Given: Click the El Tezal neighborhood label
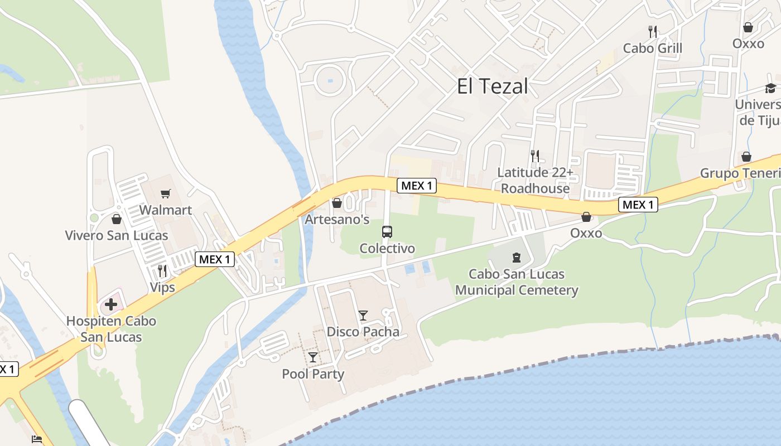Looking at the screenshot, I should pos(492,86).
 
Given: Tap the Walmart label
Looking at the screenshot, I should pos(165,210).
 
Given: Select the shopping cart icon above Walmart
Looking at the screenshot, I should pos(165,194).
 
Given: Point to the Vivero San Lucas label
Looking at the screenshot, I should pos(117,235).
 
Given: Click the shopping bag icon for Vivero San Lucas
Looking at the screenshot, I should pos(117,219).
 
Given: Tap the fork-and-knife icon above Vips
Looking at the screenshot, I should pos(162,271).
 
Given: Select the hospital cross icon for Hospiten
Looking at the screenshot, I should pos(111,304).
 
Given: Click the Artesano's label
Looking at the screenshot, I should pos(337,219).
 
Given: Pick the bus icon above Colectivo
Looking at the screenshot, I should pos(387,232).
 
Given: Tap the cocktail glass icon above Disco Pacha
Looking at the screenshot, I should pos(363,316).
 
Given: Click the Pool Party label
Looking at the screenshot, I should pos(313,374).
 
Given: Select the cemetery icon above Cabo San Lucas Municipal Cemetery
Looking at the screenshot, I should pos(517,258).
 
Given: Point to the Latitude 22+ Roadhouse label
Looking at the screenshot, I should pos(535,181).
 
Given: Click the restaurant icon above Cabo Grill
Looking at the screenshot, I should pos(653,32).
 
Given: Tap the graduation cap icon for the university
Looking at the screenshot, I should pos(770,89).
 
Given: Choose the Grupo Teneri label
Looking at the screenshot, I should pos(740,173).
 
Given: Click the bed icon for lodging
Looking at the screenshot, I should pos(37,439).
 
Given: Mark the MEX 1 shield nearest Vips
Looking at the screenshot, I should pos(215,259).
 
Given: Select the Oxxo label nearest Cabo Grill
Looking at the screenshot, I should pos(748,43).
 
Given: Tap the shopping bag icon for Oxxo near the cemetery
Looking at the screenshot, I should pos(586,217).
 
